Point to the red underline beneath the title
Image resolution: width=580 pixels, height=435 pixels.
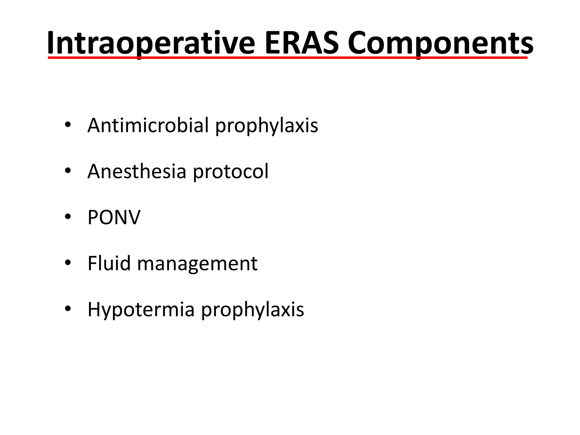coord(288,58)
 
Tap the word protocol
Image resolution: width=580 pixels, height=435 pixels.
coord(231,172)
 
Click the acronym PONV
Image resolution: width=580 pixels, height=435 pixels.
coord(114,217)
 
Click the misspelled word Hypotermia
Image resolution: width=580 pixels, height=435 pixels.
coord(141,310)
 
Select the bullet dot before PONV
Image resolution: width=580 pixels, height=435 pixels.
coord(68,217)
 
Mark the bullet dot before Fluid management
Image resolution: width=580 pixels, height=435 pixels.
coord(68,263)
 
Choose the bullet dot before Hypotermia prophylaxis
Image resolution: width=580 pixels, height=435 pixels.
coord(68,308)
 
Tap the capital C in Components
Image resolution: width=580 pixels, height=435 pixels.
coord(359,43)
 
